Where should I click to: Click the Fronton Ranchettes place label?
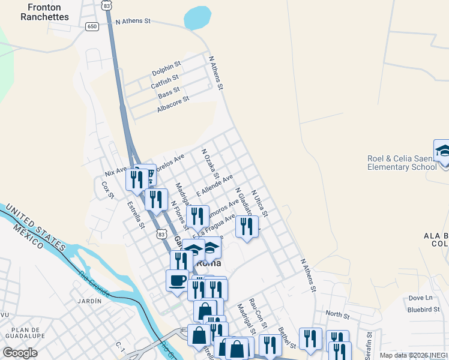(x=44, y=12)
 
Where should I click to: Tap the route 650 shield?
(x=92, y=26)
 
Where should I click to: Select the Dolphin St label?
(x=166, y=68)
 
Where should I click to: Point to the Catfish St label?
(x=164, y=82)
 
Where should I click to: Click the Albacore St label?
(x=173, y=104)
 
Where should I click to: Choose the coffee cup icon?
(x=177, y=281)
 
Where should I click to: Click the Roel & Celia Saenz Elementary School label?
(x=402, y=163)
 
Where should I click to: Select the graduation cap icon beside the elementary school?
(x=443, y=151)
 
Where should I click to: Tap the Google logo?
(x=20, y=353)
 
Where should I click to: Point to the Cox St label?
(x=109, y=190)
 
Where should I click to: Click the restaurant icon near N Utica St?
(x=247, y=227)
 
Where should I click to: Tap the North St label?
(x=337, y=314)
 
